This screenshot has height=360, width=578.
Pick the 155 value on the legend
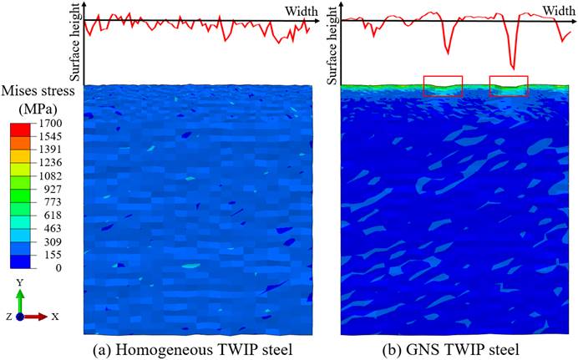coord(50,254)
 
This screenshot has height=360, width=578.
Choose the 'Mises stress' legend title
coord(40,90)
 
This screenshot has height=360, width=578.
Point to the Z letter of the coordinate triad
coord(7,317)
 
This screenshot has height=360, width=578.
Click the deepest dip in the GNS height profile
coord(512,68)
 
